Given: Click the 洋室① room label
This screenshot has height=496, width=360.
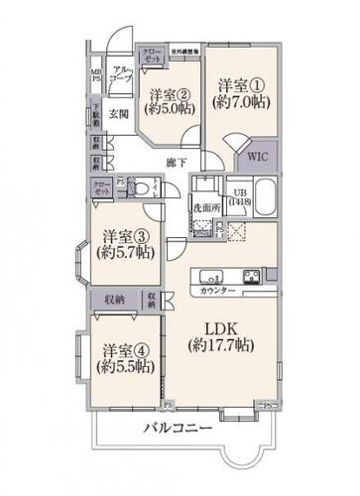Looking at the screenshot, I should pos(241,86).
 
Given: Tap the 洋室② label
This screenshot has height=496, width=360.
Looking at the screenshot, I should pos(169,96).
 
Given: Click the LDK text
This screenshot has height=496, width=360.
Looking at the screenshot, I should pos(222,328).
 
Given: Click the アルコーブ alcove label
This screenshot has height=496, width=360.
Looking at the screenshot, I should pos(123,73).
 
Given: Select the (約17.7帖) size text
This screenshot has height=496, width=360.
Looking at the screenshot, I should pos(222,346).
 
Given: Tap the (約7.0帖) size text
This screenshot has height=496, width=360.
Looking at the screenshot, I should pos(241,104).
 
